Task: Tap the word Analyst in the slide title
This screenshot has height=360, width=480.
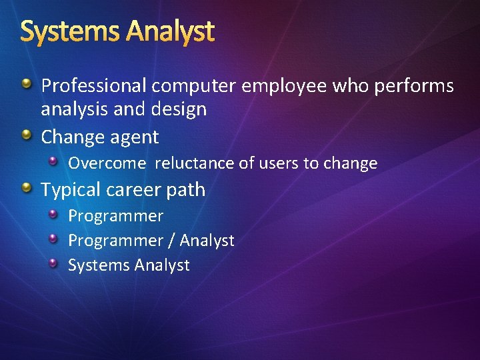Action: pos(171,32)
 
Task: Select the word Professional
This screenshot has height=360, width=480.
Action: pos(94,86)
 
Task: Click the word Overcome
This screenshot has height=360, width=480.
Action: pos(107,163)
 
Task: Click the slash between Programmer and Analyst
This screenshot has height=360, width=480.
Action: pos(171,241)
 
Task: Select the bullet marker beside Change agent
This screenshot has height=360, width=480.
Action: pos(26,136)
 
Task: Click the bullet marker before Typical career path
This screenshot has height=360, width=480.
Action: pos(26,189)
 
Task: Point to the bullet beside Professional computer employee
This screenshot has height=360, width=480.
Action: pos(26,84)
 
